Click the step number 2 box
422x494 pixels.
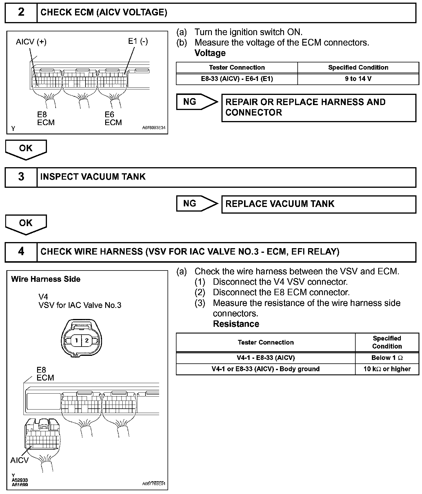click(21, 12)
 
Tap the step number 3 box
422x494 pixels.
click(21, 177)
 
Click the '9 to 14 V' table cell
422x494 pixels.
click(358, 79)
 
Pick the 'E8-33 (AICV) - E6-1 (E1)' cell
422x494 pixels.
click(237, 79)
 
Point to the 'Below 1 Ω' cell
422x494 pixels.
click(387, 358)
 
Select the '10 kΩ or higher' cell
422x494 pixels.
click(387, 369)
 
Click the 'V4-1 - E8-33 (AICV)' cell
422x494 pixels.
click(265, 358)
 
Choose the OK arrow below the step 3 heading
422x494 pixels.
click(26, 224)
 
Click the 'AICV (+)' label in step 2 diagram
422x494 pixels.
click(31, 42)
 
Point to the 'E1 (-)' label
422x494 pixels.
click(138, 41)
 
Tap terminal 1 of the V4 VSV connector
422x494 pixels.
click(77, 340)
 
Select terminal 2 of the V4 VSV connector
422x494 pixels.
click(87, 340)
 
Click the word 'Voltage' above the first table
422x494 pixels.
click(210, 53)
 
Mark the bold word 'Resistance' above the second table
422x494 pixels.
click(236, 324)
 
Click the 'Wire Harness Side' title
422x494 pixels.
click(46, 279)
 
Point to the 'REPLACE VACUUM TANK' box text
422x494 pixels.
click(280, 204)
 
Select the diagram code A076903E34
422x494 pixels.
click(154, 128)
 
